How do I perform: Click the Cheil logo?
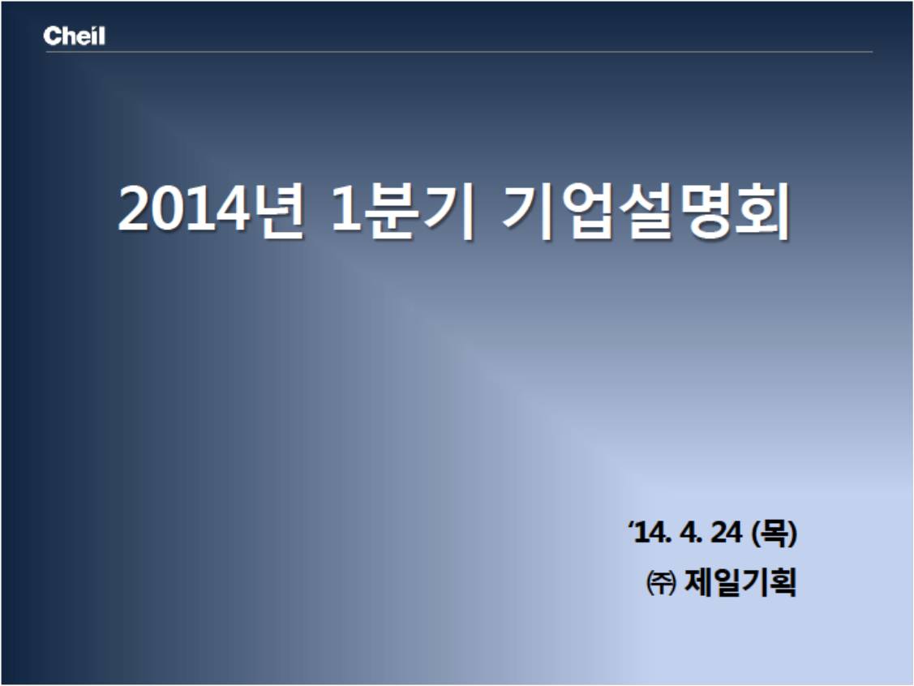tap(74, 36)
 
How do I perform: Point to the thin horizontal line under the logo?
tap(459, 52)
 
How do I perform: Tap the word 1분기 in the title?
tap(403, 210)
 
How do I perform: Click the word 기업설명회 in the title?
tap(646, 210)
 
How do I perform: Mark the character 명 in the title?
tap(704, 210)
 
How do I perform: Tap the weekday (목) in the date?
tap(774, 533)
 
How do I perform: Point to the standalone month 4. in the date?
tap(690, 532)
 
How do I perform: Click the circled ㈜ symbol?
tap(661, 582)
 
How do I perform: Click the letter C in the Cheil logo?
tap(51, 36)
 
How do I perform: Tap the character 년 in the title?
tap(279, 210)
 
